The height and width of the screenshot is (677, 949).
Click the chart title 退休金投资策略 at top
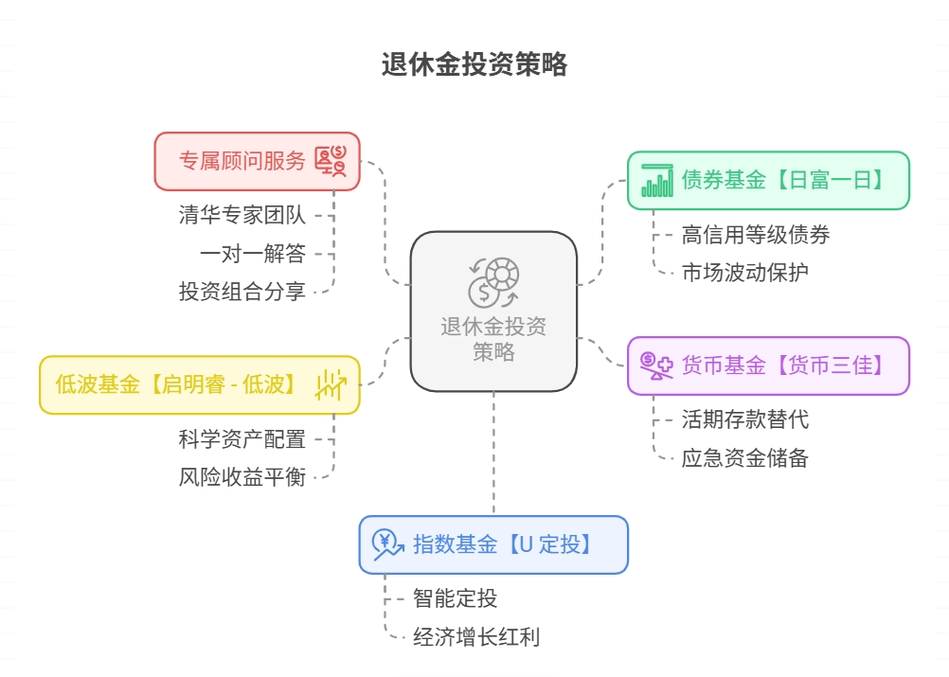tap(474, 64)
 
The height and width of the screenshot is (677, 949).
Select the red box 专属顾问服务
tap(257, 161)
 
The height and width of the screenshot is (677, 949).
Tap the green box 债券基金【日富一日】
tap(768, 180)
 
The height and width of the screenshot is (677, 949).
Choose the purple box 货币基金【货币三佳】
tap(768, 365)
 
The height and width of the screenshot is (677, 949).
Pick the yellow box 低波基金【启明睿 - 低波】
tap(199, 384)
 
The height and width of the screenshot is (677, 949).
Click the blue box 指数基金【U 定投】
tap(492, 544)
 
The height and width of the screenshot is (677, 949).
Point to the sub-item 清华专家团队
tap(242, 215)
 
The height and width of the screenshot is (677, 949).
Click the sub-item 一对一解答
tap(253, 254)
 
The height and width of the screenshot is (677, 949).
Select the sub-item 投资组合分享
tap(242, 292)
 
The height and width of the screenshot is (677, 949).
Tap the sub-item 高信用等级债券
tap(755, 234)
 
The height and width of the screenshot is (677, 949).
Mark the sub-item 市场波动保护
tap(744, 273)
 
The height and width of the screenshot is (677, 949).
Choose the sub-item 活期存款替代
tap(744, 419)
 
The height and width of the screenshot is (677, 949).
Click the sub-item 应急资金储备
tap(744, 458)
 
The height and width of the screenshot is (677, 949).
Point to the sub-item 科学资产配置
tap(242, 439)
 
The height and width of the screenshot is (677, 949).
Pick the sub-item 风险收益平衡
tap(242, 477)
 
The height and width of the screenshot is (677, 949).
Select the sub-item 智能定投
tap(455, 598)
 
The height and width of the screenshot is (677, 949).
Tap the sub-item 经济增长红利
tap(476, 636)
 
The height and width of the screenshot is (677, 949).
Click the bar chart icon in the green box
tap(656, 180)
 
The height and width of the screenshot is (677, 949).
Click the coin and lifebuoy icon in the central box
tap(492, 283)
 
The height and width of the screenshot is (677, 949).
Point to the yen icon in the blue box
tap(387, 544)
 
